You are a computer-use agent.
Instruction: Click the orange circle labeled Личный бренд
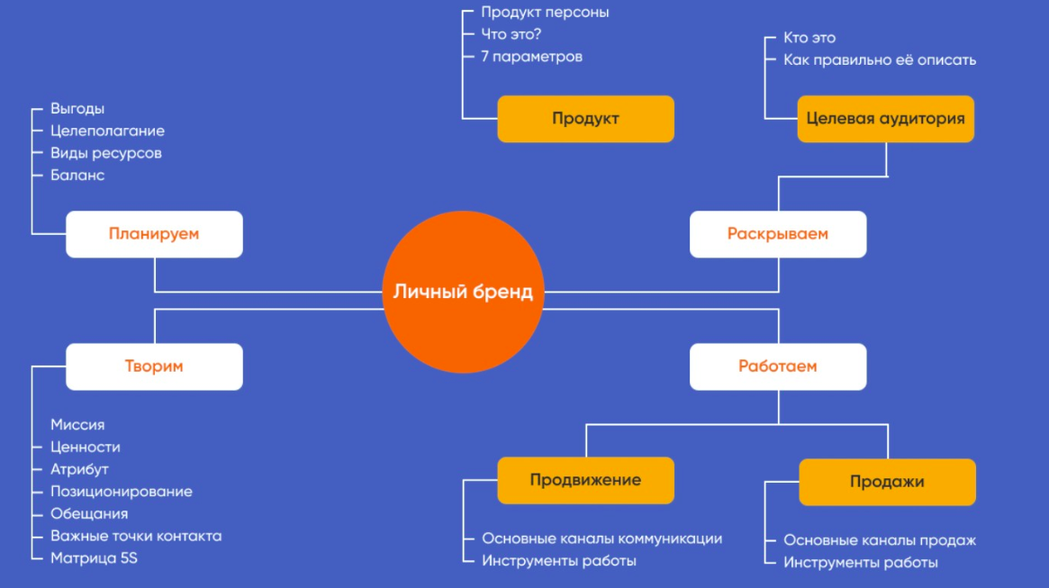463,292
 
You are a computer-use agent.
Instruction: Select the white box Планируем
154,234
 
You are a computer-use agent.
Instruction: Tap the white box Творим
154,366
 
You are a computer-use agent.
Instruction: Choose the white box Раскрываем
778,234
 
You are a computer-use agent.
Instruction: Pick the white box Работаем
778,366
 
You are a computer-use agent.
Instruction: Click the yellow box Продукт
585,119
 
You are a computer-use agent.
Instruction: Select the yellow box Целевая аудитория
885,119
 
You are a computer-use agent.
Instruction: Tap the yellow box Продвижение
585,480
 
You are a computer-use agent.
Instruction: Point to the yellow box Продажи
887,482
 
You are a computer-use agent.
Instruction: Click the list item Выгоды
77,109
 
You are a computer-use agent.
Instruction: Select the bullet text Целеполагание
107,131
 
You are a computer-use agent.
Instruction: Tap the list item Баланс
77,176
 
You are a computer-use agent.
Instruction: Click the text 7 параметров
531,57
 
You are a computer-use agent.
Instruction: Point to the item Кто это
809,38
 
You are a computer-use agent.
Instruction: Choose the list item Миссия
77,425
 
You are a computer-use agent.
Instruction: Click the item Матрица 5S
94,558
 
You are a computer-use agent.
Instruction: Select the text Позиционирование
121,492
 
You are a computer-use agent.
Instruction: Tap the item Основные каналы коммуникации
601,538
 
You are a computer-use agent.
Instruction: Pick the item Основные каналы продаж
879,540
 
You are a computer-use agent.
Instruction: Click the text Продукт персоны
545,13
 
